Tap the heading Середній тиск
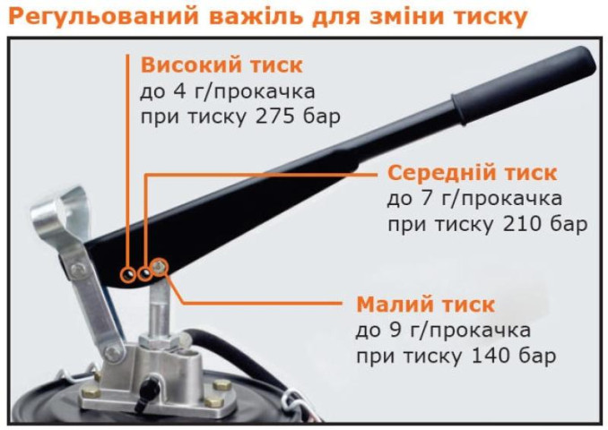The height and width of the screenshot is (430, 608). [472, 172]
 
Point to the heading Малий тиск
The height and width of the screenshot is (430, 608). [425, 304]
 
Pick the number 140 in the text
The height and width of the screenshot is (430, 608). [490, 356]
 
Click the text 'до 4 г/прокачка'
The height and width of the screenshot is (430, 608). [227, 92]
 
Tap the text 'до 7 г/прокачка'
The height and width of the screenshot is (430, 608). [474, 198]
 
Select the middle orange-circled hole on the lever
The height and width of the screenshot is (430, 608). [144, 269]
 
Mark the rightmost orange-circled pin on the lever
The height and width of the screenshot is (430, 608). [160, 266]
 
